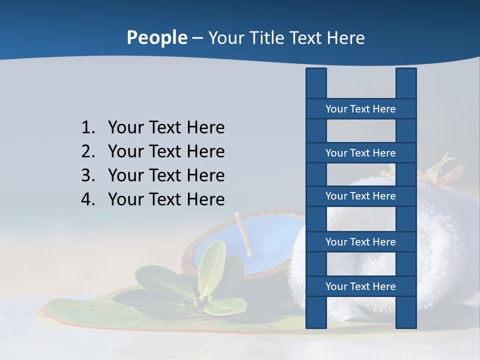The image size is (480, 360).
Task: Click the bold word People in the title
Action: click(x=156, y=38)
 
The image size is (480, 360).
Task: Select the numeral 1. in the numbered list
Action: click(x=88, y=128)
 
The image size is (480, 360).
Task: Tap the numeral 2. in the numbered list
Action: click(x=88, y=152)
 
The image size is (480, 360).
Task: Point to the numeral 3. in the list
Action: click(x=88, y=176)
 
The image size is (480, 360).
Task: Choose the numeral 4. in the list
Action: click(x=88, y=200)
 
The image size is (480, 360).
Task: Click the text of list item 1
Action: click(x=166, y=128)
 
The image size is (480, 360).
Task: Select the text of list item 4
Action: click(x=166, y=200)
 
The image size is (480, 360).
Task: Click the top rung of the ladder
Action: click(x=360, y=109)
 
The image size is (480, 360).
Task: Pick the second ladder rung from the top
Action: click(x=360, y=153)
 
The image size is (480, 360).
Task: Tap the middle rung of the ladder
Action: click(x=360, y=196)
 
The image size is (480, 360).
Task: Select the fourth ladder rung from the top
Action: click(x=360, y=242)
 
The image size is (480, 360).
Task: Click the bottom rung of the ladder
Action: click(x=360, y=286)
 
